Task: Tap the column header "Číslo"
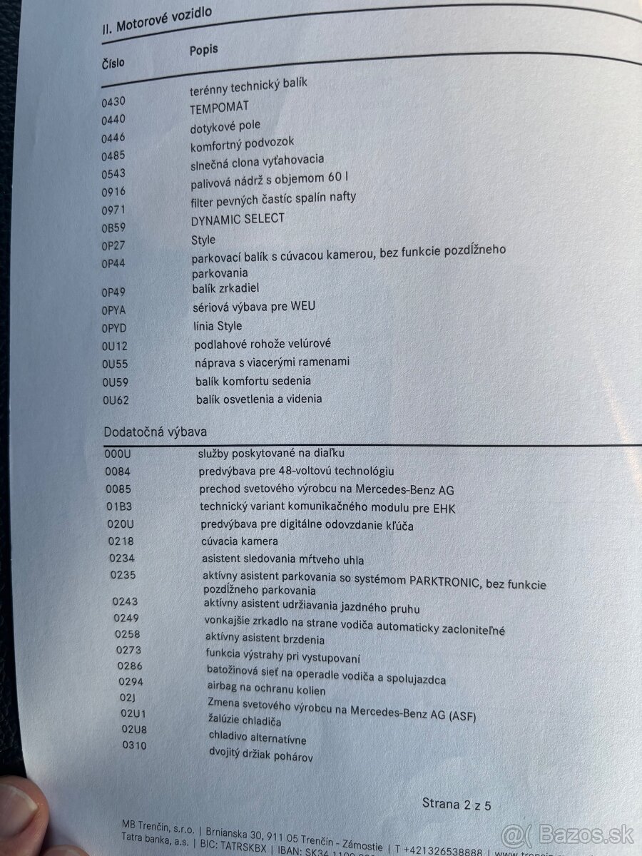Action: (113, 63)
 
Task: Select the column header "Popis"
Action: (204, 50)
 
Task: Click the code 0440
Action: (113, 120)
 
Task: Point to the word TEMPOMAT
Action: (220, 107)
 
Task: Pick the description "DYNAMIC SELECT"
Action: (238, 220)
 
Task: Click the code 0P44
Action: (114, 263)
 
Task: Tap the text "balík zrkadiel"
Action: (225, 288)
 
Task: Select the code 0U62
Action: (116, 401)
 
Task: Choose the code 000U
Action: (118, 454)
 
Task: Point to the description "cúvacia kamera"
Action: (240, 542)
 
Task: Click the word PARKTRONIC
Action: (445, 580)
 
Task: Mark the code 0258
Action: (128, 634)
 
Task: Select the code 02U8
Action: (133, 729)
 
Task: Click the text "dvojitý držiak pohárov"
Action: (260, 755)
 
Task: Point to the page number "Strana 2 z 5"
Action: (457, 805)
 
